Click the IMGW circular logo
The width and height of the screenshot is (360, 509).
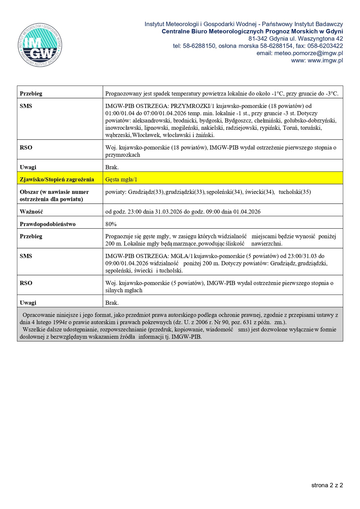[x=40, y=45]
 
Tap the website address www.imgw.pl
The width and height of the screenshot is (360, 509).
[x=325, y=61]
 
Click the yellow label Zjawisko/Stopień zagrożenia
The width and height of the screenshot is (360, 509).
[x=57, y=180]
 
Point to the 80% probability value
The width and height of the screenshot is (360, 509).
[x=111, y=224]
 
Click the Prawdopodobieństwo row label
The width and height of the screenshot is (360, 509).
[x=48, y=224]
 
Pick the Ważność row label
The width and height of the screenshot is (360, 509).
[x=31, y=212]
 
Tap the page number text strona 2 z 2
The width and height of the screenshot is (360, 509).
[x=327, y=485]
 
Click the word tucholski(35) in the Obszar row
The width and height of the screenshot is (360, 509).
[x=295, y=192]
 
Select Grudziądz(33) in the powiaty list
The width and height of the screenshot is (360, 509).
[x=146, y=192]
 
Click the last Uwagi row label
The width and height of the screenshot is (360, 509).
[x=28, y=303]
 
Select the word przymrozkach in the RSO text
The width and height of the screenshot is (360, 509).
[x=123, y=155]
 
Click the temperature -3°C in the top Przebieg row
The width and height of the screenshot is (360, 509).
[x=332, y=94]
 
